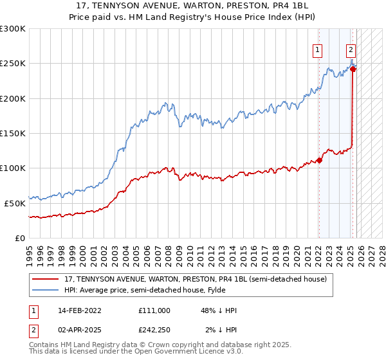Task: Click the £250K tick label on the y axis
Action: (12, 64)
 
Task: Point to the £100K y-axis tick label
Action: (12, 168)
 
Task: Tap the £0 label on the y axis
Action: (19, 238)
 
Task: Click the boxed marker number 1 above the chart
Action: (318, 49)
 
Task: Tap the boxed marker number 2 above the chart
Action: (351, 49)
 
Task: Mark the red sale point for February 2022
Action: (319, 161)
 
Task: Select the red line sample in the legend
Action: (46, 279)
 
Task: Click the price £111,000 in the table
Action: (154, 310)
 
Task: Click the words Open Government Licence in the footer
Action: (183, 353)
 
